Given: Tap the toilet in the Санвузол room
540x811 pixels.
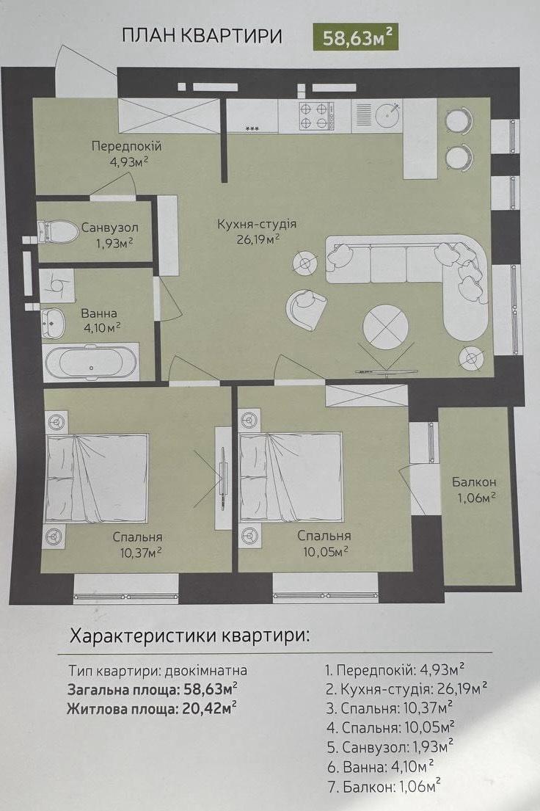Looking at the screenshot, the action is pos(57,231).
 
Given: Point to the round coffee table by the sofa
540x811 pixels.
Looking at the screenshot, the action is pos(385,327).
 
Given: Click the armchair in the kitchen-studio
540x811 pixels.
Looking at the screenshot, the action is pos(306,309).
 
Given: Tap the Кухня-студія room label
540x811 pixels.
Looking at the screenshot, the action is pos(257,225).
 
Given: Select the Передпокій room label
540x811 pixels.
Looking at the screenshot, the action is pos(127,146).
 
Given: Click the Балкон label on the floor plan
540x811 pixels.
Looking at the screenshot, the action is pos(474,482).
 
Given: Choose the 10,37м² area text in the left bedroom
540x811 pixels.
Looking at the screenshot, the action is pos(141,553).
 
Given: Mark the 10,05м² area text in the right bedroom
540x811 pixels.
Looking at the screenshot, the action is pos(325,552).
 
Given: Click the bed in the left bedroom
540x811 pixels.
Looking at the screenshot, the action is pos(98,478).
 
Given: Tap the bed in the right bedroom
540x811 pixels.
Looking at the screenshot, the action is pos(291,476).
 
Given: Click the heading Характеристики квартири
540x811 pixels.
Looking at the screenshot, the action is pos(189,635).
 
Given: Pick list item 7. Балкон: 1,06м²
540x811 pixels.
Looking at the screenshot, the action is pos(384,788).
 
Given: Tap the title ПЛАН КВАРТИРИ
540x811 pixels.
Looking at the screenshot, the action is pos(202,36).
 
